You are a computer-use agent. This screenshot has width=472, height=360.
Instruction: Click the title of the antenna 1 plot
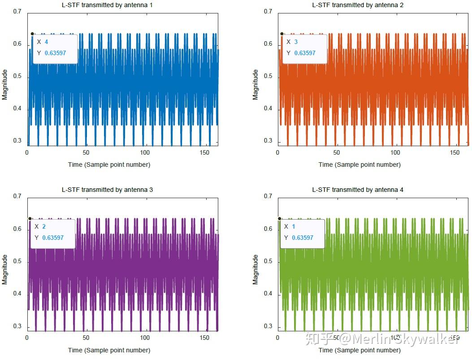point(109,5)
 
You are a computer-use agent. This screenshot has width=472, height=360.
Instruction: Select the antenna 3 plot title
point(107,190)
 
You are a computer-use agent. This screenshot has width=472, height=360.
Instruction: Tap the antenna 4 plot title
point(358,190)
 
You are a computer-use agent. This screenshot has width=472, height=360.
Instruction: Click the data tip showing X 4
point(55,48)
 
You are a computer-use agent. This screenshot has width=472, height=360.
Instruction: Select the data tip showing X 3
point(305,48)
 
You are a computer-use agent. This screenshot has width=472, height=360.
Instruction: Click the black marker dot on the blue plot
point(32,34)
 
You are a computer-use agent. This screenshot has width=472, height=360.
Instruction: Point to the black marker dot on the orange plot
point(282,34)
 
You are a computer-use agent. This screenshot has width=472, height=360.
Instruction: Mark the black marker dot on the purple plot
point(30,218)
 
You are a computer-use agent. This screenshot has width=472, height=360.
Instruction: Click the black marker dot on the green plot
point(279,218)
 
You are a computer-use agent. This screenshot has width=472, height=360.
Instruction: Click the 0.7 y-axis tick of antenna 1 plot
point(17,12)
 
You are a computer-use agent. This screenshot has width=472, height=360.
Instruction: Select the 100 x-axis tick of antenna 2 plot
point(395,152)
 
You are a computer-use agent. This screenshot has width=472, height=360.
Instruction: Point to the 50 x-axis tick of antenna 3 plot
point(86,338)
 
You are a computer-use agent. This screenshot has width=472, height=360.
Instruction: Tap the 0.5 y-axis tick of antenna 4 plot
point(268,261)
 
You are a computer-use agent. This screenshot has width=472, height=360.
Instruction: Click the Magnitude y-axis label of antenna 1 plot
point(5,85)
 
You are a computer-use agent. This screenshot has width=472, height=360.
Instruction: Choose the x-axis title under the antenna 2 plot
point(359,165)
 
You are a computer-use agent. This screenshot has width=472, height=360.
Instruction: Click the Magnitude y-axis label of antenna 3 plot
point(5,269)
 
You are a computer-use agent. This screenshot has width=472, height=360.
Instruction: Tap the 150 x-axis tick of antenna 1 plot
point(204,152)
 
